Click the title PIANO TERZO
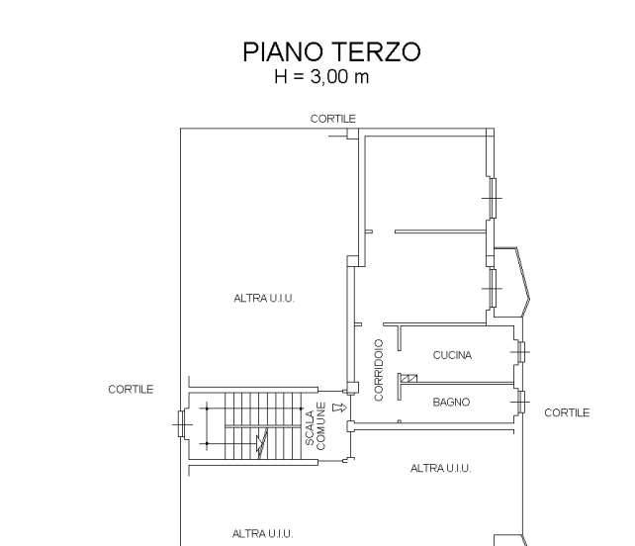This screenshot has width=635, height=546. click(331, 51)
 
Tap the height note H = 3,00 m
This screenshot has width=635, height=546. click(321, 76)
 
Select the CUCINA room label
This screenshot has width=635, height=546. click(452, 355)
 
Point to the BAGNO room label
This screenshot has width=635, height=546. click(451, 403)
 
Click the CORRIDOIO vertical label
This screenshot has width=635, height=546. click(379, 370)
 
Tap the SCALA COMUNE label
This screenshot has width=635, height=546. click(316, 426)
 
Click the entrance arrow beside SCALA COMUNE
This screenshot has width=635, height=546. click(339, 408)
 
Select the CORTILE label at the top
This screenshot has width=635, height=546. click(333, 119)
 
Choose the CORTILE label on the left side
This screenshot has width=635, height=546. click(131, 390)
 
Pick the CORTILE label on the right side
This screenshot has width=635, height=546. click(567, 412)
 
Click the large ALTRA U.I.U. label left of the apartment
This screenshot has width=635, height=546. click(264, 299)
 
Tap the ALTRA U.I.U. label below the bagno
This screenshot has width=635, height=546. click(440, 468)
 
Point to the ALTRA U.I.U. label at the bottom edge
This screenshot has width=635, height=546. click(262, 534)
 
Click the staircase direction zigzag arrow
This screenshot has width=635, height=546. click(262, 443)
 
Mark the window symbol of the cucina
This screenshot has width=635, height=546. click(520, 352)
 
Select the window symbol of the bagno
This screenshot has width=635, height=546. click(520, 402)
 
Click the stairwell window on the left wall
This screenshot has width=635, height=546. click(182, 424)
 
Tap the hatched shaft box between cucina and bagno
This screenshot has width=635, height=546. click(409, 378)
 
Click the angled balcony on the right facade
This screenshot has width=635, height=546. click(512, 282)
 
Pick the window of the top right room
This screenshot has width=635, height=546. click(493, 198)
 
